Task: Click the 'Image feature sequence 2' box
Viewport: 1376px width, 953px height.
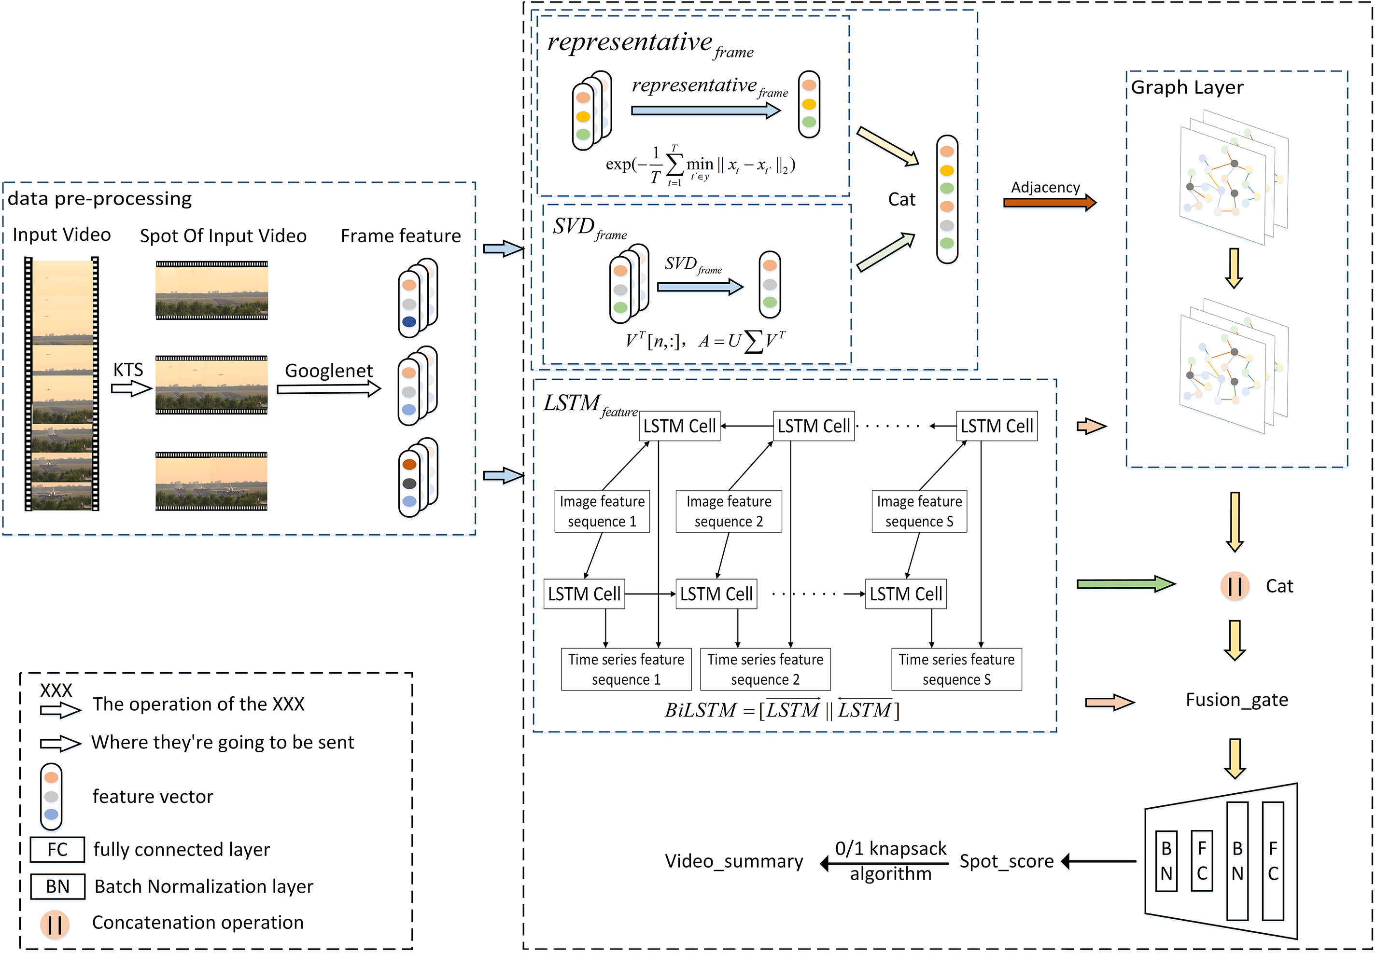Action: tap(729, 511)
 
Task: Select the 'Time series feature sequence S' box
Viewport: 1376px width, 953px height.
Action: tap(956, 669)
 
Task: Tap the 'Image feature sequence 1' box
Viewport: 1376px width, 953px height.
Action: tap(602, 511)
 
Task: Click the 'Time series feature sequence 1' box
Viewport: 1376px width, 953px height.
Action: tap(626, 669)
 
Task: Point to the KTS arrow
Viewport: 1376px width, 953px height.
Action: tap(131, 389)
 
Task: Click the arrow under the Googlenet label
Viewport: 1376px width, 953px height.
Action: tap(329, 389)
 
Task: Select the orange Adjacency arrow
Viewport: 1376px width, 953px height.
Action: tap(1049, 203)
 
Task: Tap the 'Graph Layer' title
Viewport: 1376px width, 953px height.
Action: tap(1187, 88)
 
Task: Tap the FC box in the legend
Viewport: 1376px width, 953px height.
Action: tap(57, 850)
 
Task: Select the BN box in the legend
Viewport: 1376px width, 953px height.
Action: tap(57, 887)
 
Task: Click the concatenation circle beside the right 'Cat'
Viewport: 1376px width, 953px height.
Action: tap(1235, 586)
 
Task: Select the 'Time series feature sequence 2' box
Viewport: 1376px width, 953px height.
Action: tap(765, 669)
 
